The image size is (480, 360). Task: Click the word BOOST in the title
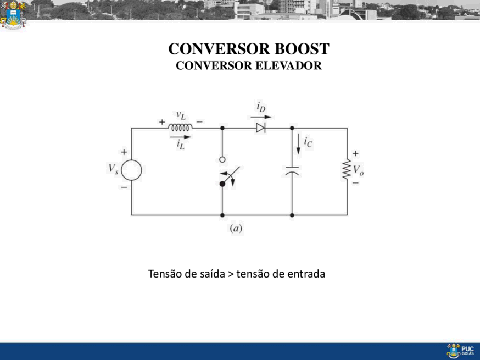coord(302,49)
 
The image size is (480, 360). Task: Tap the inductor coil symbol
coord(180,127)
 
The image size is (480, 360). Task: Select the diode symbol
coord(261,128)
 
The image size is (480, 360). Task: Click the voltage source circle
coord(131,170)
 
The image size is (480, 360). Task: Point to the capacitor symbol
coord(292,171)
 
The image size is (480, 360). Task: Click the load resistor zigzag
coord(347,169)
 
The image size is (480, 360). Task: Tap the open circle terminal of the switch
coord(222,159)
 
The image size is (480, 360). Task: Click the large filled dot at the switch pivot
coord(222,184)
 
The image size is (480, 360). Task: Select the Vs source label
coord(113,169)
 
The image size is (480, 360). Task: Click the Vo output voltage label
coord(359,170)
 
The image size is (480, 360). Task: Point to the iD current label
coord(261,107)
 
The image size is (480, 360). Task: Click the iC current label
coord(308,142)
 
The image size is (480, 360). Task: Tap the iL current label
coord(181,145)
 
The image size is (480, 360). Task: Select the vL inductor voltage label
coord(181,115)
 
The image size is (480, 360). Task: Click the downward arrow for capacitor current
coord(298,144)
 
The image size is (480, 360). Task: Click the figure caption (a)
coord(236,228)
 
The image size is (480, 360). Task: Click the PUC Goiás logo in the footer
coord(460,351)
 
